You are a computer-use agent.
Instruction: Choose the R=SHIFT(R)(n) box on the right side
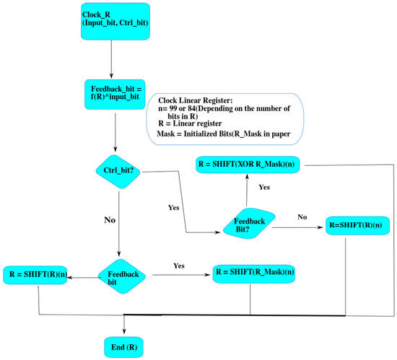click(x=354, y=224)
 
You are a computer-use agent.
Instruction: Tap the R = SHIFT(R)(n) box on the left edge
click(x=36, y=273)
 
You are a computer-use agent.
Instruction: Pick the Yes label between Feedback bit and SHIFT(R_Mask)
click(x=179, y=265)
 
